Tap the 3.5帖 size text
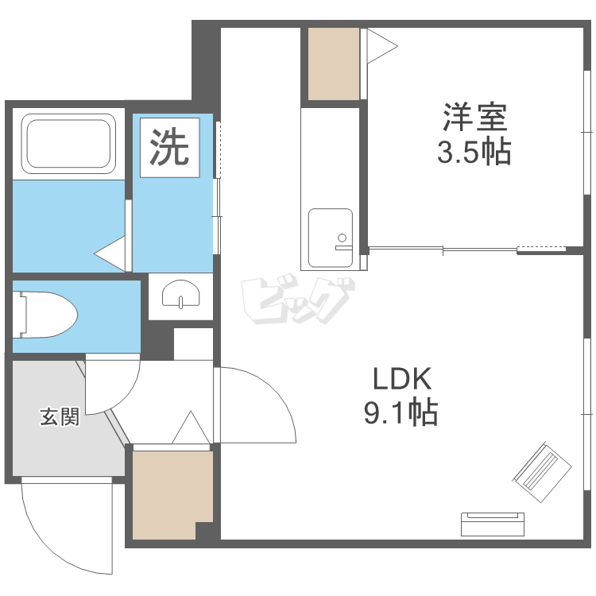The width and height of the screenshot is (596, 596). coord(474,151)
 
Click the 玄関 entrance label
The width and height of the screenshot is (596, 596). coord(60,416)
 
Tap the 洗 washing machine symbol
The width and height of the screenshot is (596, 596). coord(169,147)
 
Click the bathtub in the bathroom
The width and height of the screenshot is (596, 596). coord(68,143)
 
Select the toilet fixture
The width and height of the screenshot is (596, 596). coord(45,315)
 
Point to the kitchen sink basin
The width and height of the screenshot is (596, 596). coord(331,238)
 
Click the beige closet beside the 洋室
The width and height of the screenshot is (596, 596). coord(333,64)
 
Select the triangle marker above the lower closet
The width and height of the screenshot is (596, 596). coord(190,428)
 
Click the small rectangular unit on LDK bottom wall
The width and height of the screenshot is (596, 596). coord(493,524)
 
